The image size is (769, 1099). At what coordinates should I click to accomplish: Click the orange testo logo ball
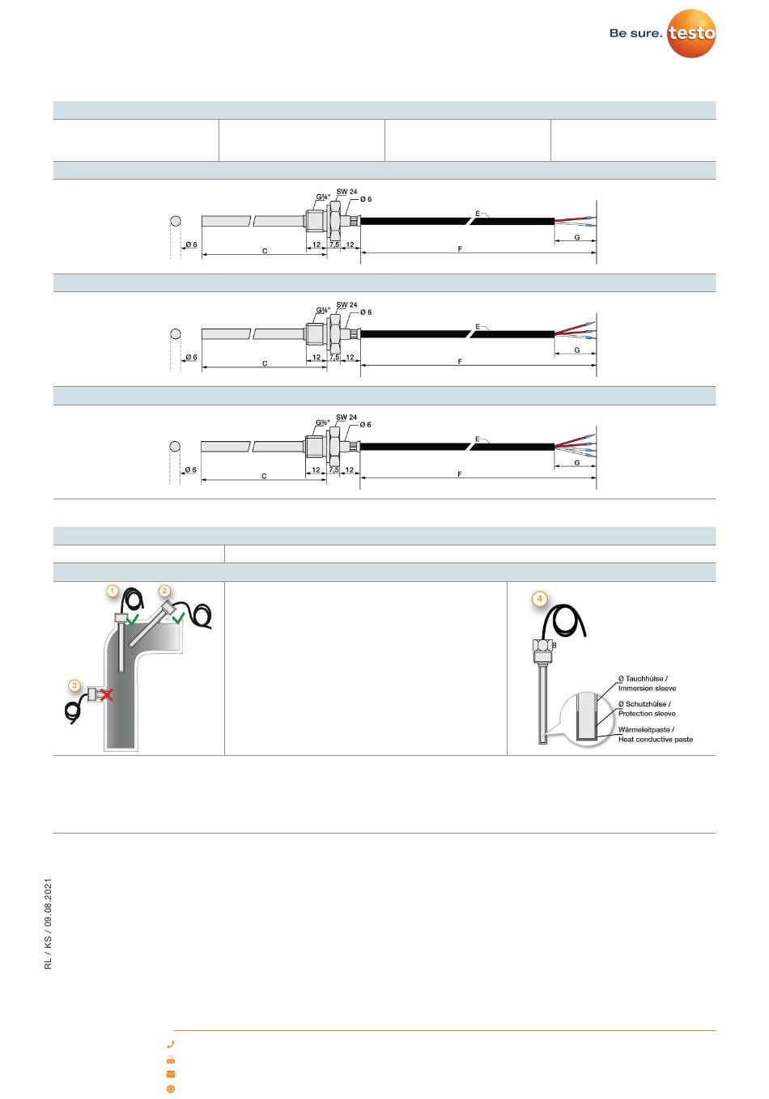tap(691, 33)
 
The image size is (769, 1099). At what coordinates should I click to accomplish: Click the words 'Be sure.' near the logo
tap(635, 33)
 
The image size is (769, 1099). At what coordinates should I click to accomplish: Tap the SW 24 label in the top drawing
tap(346, 191)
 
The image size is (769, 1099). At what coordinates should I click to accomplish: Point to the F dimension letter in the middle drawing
tap(460, 362)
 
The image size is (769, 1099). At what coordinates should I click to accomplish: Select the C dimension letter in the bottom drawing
tap(264, 476)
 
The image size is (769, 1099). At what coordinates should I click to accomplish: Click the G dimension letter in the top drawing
tap(577, 237)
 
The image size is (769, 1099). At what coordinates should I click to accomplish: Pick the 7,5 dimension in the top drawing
tap(334, 244)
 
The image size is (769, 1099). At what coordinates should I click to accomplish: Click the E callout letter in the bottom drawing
tap(477, 439)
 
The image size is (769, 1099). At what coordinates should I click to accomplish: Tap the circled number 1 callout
tap(113, 591)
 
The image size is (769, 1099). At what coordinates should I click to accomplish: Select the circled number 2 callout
tap(164, 591)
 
